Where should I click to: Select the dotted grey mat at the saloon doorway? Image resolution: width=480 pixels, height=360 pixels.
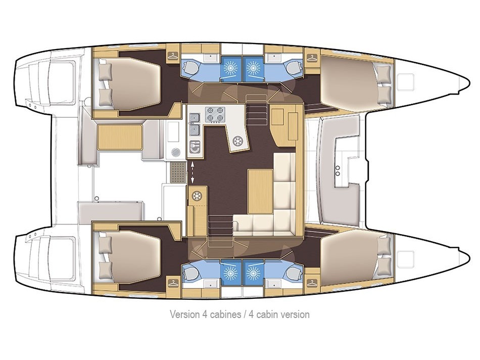[x=177, y=173]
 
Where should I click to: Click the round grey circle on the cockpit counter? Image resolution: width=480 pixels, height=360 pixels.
[x=176, y=152]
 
